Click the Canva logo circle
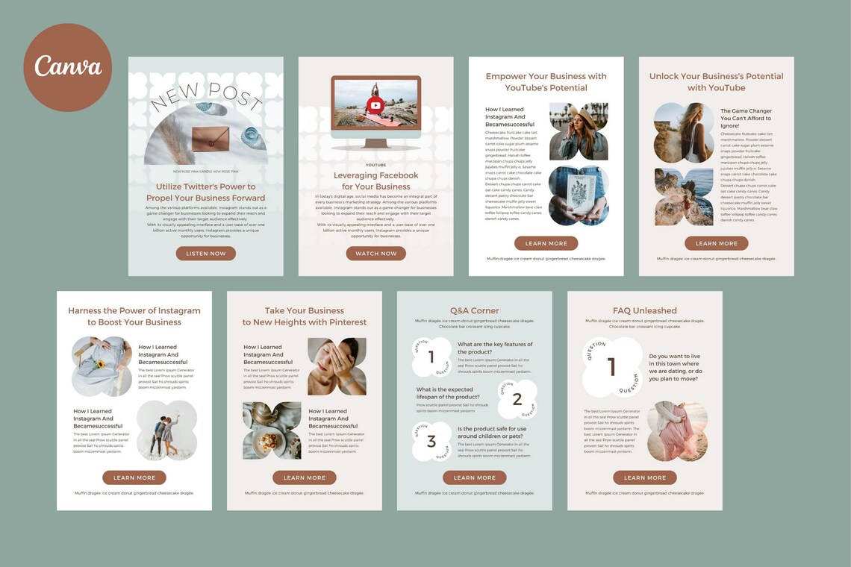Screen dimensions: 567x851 pos(68,67)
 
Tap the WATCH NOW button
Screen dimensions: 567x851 pos(375,254)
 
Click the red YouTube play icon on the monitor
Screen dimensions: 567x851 pos(375,105)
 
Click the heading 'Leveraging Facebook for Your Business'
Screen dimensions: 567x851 pos(375,181)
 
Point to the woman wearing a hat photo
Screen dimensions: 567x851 pos(579,131)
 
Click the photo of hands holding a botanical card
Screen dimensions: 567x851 pos(579,195)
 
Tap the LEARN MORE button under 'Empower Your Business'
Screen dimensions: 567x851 pos(546,243)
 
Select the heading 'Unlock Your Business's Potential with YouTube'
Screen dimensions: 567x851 pos(716,82)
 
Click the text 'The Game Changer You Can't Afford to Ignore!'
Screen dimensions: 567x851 pos(746,118)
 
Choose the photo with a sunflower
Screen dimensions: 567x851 pos(102,366)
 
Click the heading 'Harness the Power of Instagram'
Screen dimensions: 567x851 pos(134,316)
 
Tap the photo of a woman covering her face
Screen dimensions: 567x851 pos(337,366)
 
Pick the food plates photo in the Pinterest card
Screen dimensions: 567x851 pos(272,430)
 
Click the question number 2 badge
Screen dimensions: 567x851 pos(517,399)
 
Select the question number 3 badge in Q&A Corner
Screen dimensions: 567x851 pos(431,442)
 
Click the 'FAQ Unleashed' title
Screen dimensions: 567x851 pos(644,310)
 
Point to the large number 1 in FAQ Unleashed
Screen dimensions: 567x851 pos(612,367)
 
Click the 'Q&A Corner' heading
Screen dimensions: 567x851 pos(474,310)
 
